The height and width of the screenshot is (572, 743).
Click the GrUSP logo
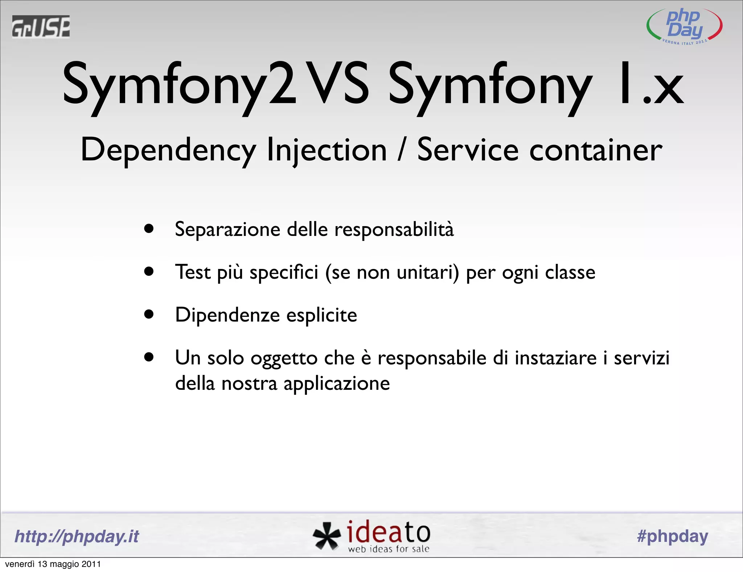[41, 26]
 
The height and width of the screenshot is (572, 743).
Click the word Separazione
[227, 230]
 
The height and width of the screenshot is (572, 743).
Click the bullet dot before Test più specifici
[149, 271]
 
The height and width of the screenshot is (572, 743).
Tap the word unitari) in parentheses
[428, 272]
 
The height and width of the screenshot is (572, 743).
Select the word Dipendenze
[227, 315]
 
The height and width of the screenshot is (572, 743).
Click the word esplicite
[321, 315]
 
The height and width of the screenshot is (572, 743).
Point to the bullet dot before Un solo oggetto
[149, 357]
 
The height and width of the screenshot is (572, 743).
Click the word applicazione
[336, 384]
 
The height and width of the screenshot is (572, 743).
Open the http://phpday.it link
[77, 536]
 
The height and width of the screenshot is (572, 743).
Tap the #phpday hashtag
[672, 536]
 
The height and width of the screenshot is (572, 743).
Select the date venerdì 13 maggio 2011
[53, 564]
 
